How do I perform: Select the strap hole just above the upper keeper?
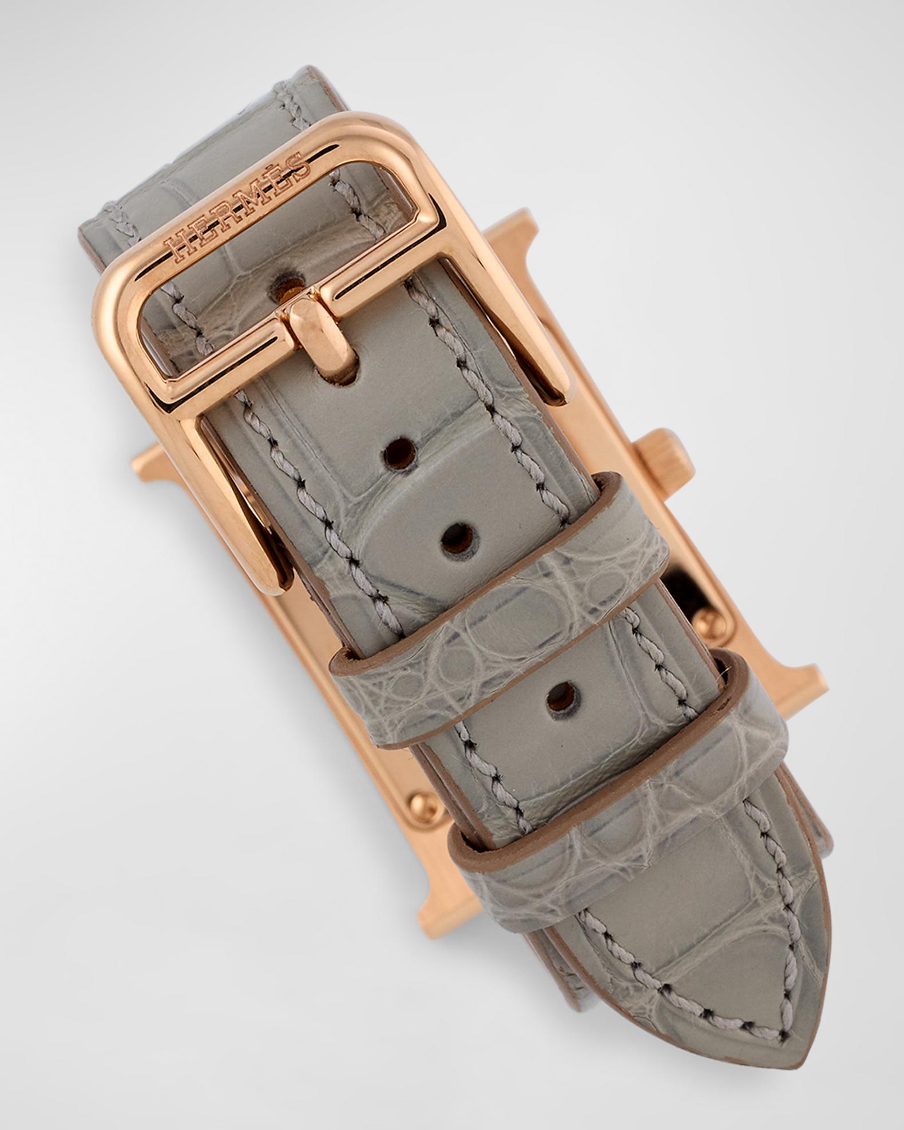460,536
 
